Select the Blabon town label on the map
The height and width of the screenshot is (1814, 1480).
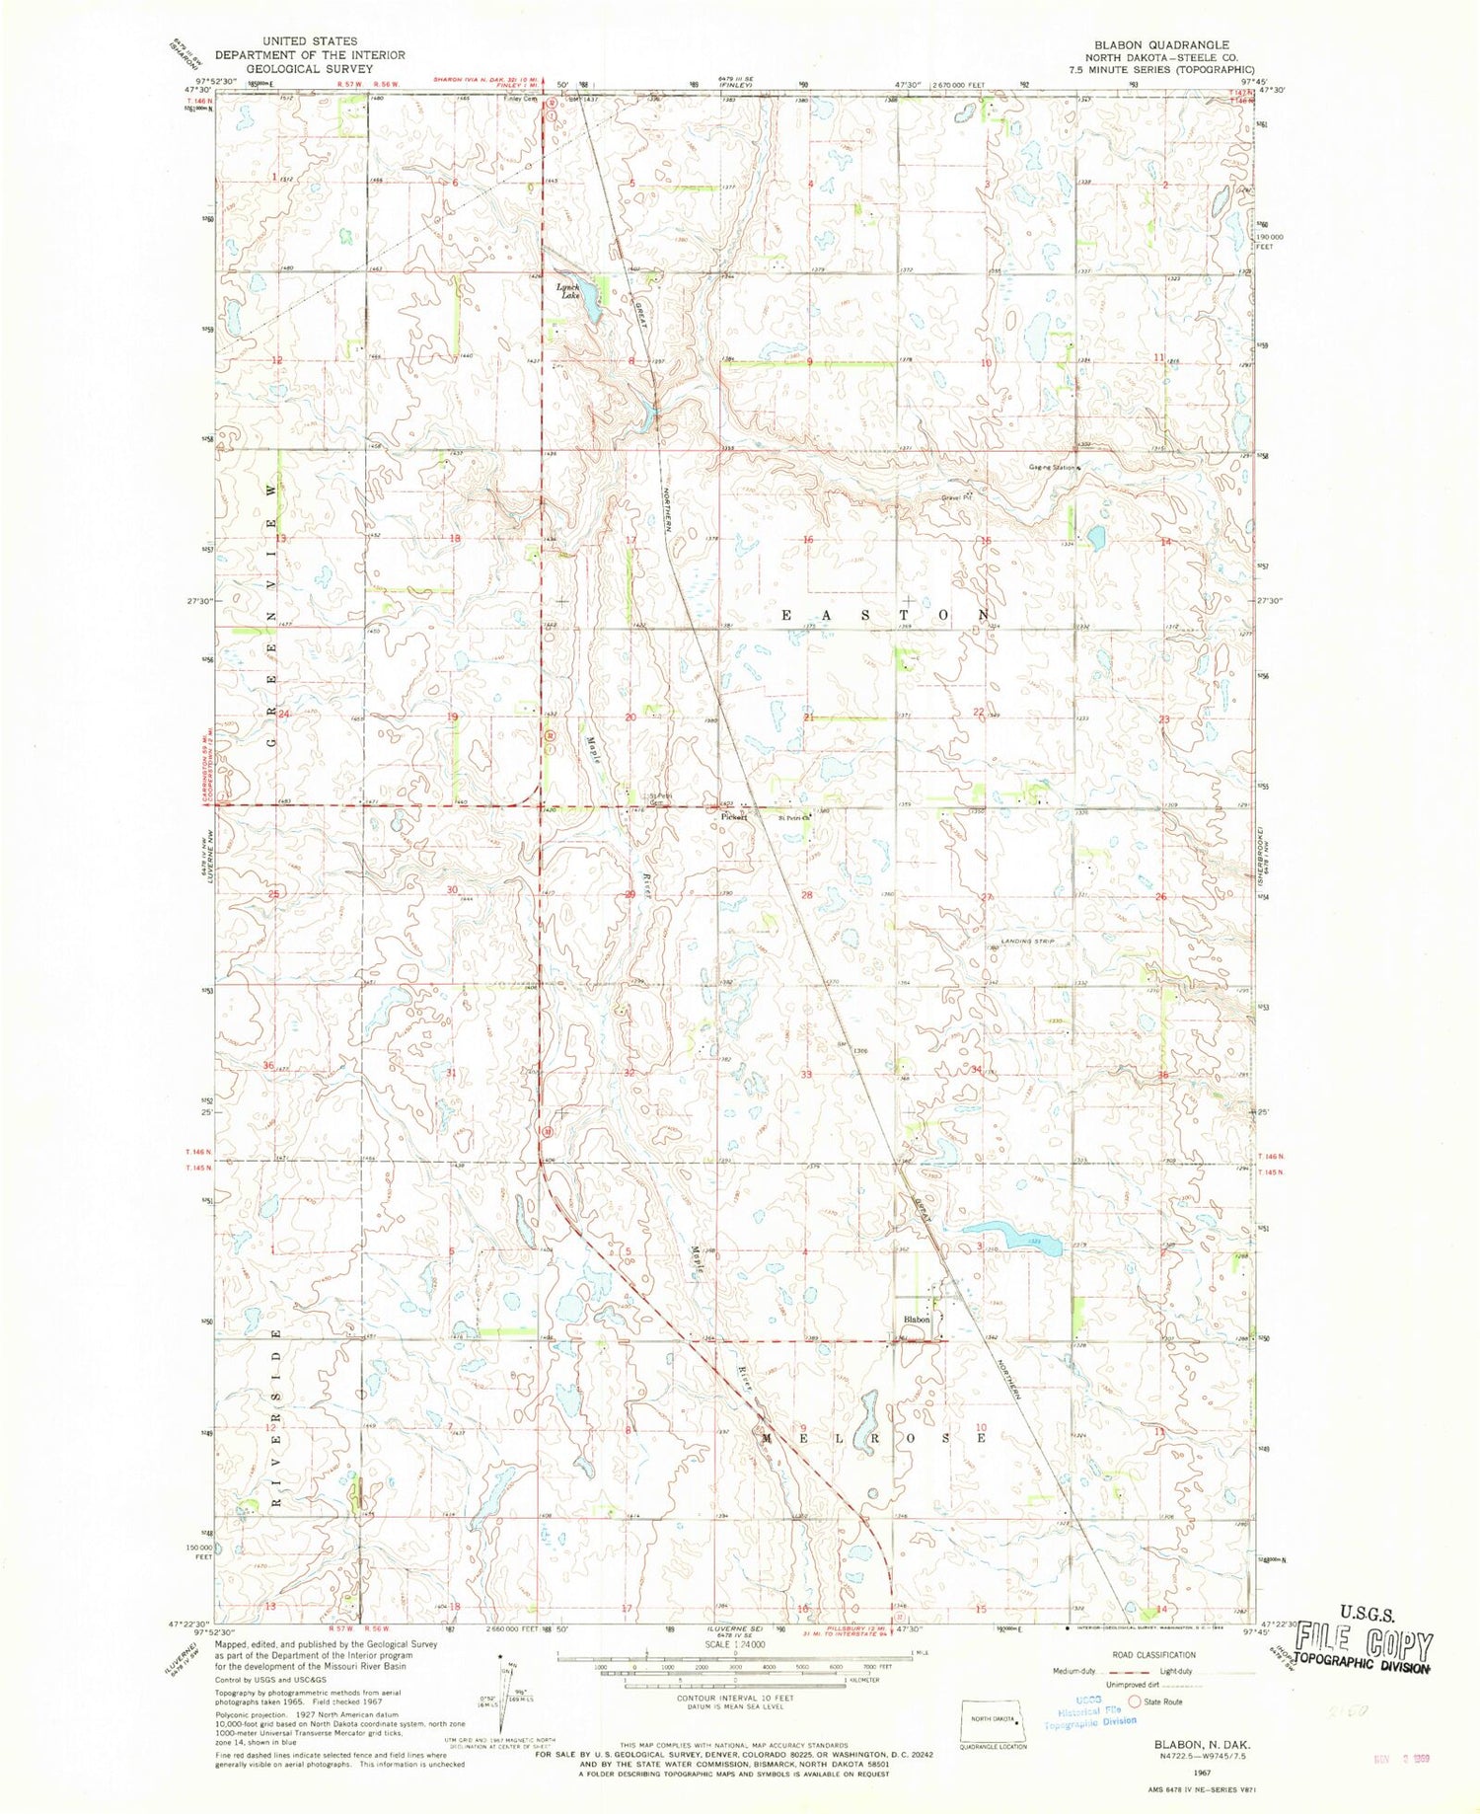pyautogui.click(x=918, y=1320)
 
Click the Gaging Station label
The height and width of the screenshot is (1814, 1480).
pyautogui.click(x=1053, y=467)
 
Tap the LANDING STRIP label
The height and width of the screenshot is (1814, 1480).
pyautogui.click(x=1028, y=943)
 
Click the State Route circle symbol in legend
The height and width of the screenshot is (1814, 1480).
pyautogui.click(x=1135, y=1701)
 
